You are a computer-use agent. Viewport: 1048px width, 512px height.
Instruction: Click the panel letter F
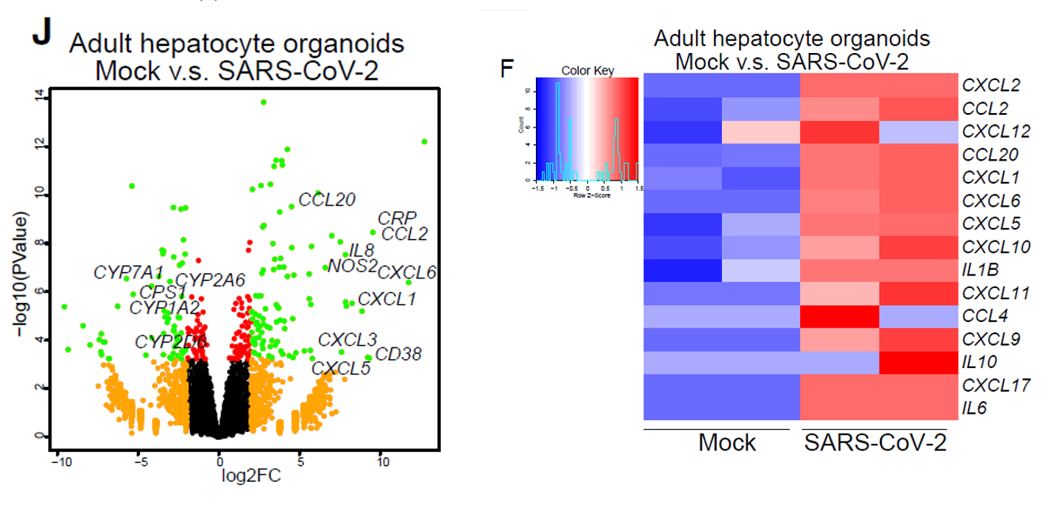coord(508,70)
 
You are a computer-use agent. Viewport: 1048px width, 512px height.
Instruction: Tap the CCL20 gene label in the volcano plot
coord(327,199)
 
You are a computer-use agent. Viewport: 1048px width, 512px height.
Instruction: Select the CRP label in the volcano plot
coord(397,218)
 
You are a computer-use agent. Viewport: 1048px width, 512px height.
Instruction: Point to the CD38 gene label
coord(398,354)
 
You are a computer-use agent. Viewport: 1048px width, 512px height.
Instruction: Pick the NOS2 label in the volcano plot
coord(352,265)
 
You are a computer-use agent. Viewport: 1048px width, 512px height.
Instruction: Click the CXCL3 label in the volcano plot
coord(347,340)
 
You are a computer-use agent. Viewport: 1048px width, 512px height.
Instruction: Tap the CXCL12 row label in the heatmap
coord(996,131)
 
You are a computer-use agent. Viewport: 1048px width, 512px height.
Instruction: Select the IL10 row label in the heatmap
coord(979,362)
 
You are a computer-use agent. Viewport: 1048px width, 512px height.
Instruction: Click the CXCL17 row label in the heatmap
coord(996,385)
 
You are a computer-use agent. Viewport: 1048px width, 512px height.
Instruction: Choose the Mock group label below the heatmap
coord(727,442)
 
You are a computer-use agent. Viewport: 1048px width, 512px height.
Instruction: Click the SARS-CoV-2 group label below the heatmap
coord(875,442)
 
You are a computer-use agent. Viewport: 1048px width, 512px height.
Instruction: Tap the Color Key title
coord(587,70)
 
